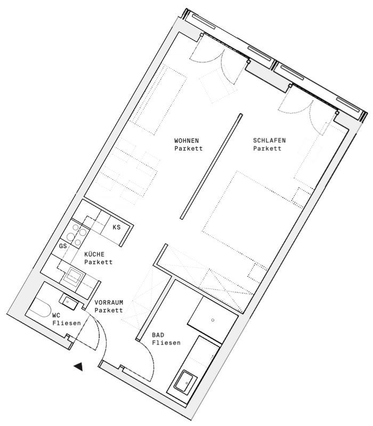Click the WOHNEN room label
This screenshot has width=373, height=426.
(186, 141)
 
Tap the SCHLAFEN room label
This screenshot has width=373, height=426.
(270, 141)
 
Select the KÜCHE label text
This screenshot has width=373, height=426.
(94, 255)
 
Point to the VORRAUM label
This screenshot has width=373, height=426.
(109, 302)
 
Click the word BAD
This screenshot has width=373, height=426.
(158, 335)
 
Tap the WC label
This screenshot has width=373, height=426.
(56, 315)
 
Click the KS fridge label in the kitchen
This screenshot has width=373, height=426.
(117, 227)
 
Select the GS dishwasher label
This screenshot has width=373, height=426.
(63, 246)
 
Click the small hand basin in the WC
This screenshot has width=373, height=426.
(69, 302)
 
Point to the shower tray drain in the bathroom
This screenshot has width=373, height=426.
(213, 320)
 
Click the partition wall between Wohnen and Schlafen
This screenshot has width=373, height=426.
(211, 166)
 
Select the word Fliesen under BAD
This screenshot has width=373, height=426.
(166, 343)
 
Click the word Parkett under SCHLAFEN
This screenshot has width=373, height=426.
(267, 149)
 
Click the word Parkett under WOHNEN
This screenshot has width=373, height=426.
(189, 149)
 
